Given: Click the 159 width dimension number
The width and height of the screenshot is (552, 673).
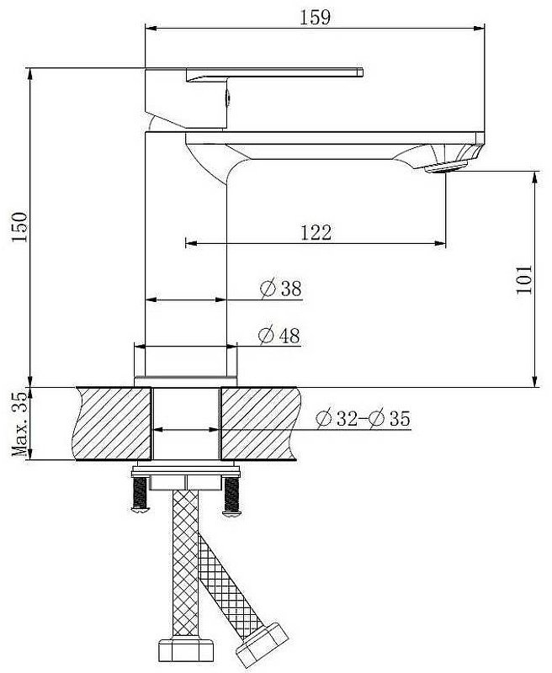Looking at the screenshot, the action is point(315,17).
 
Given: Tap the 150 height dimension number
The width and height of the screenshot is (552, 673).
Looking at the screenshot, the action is point(19,227).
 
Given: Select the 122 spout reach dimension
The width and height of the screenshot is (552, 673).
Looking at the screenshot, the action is point(316,233).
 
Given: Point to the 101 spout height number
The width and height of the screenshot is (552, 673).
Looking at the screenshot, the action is point(523,279).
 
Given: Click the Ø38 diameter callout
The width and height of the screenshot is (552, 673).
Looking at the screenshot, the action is point(281,288).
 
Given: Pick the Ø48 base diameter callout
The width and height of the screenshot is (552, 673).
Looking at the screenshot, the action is point(279,335).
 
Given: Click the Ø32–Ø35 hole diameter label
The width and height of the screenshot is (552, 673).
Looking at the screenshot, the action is point(364,418).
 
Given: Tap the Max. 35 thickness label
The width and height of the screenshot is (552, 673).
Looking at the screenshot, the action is point(19,424).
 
